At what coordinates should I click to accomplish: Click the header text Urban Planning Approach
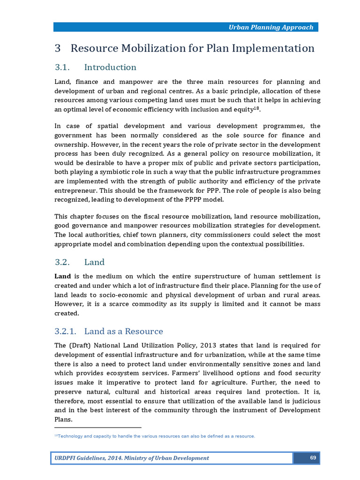(x=270, y=27)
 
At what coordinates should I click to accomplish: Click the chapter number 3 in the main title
(x=58, y=48)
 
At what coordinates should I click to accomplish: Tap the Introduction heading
(x=110, y=67)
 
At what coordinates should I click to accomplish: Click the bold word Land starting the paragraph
(x=62, y=276)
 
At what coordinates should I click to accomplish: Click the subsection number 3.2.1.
(x=67, y=331)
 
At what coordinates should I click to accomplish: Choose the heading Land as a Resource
(x=124, y=331)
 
